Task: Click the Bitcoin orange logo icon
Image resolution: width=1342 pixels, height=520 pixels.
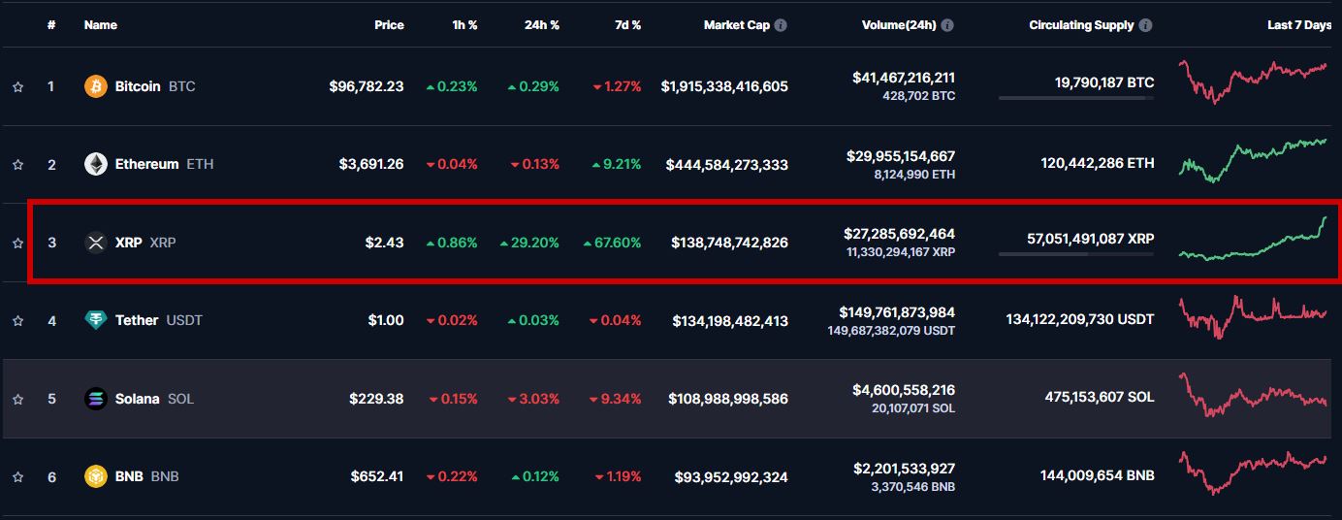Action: [95, 86]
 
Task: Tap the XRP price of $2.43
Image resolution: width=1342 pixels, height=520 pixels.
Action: [384, 243]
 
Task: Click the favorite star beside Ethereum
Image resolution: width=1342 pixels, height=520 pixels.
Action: [17, 165]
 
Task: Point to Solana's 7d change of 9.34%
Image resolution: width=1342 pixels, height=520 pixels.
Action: [617, 399]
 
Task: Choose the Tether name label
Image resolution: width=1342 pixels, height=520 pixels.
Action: [137, 320]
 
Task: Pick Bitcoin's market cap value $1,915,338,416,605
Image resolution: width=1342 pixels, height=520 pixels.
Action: [724, 86]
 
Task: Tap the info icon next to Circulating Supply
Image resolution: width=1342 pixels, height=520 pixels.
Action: [1146, 25]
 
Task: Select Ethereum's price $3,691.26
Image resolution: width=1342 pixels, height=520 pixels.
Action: [371, 164]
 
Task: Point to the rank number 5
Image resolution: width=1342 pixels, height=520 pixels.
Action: [51, 399]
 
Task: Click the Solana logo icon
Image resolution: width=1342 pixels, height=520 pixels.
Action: [95, 399]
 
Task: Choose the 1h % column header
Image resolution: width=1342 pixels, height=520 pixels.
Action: [464, 25]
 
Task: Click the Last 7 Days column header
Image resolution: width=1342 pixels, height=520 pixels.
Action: [1299, 25]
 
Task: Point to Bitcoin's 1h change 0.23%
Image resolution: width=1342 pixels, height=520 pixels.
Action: [452, 86]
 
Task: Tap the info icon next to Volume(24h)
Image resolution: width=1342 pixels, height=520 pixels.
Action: [947, 25]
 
